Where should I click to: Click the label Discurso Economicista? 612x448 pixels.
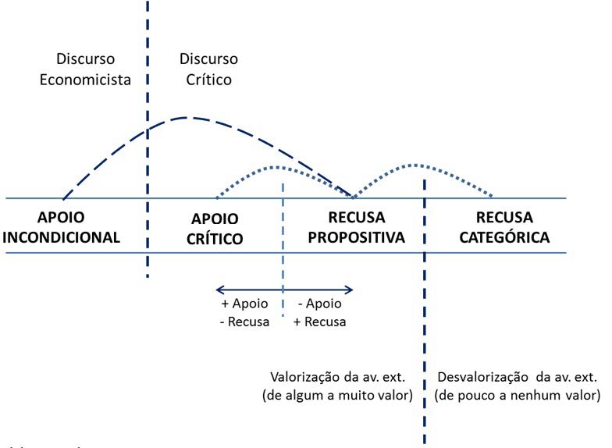pos(85,69)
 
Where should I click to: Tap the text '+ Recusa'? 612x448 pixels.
pos(319,321)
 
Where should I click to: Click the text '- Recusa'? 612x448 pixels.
pos(246,321)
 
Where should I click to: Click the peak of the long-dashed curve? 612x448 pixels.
pos(186,117)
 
